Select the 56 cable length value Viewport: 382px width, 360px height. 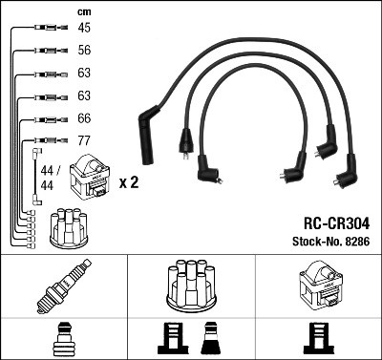coord(84,51)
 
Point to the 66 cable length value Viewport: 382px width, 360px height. coord(84,118)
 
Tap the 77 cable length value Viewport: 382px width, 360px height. coord(84,141)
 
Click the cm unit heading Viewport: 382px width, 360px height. coord(83,11)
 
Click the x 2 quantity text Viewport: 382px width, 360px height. coord(129,181)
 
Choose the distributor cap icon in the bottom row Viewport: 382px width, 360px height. coord(190,284)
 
